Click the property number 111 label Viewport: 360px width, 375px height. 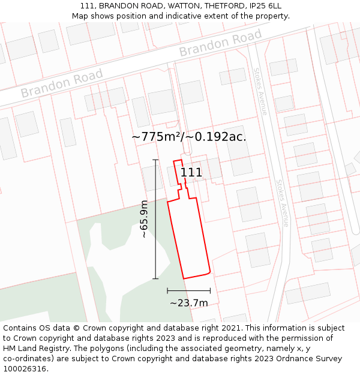click(x=191, y=173)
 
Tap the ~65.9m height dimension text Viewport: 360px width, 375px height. click(x=144, y=219)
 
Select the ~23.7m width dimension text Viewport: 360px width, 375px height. click(x=188, y=303)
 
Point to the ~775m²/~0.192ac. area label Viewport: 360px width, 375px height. click(x=189, y=137)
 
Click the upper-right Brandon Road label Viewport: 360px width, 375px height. click(x=220, y=43)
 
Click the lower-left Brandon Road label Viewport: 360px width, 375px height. click(x=62, y=83)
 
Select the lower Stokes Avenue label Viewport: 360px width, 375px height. click(x=283, y=202)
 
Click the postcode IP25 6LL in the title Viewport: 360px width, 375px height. click(x=263, y=6)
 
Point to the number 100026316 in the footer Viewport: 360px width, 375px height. click(x=25, y=369)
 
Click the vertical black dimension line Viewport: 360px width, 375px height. click(x=155, y=219)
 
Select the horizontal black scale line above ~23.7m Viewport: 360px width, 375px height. click(x=188, y=290)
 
